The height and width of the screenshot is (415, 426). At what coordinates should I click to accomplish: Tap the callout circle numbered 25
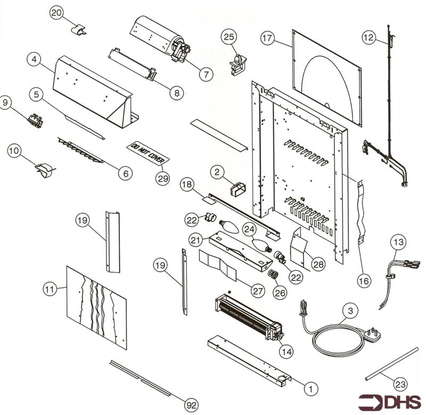click(229, 37)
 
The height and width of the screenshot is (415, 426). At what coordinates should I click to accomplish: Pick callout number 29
click(163, 178)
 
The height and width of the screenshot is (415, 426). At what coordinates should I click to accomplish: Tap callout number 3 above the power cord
click(350, 310)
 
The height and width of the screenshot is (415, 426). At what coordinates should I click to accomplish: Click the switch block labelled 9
click(36, 120)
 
